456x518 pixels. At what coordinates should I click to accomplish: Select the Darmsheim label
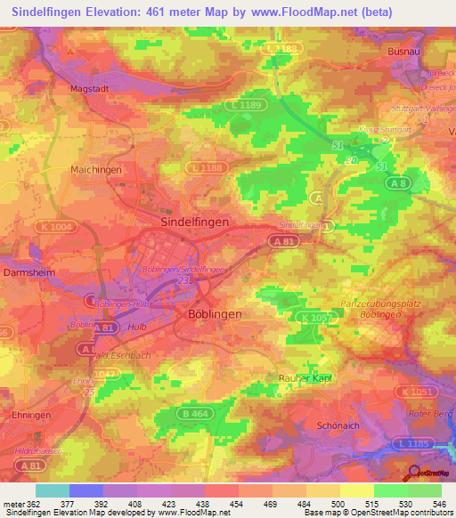(x=25, y=271)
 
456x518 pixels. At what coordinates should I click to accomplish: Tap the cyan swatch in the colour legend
(x=52, y=490)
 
